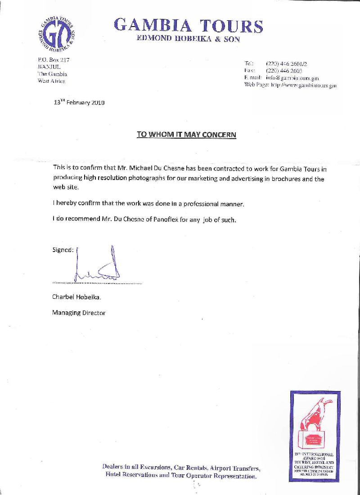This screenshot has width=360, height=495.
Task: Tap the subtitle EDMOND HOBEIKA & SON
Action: [188, 39]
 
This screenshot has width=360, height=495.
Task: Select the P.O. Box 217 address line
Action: [53, 60]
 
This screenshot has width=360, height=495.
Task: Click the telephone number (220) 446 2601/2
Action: [287, 63]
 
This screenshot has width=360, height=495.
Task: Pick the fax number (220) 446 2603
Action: [284, 71]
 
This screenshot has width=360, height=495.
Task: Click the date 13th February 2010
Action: [79, 102]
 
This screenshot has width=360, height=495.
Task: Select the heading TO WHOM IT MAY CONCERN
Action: [186, 135]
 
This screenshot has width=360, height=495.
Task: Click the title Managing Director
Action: [79, 313]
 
